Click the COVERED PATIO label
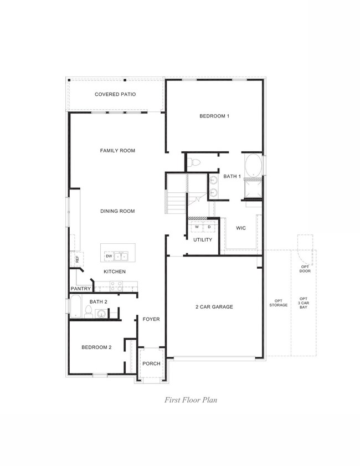(115, 94)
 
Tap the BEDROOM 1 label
(214, 116)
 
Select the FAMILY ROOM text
(117, 151)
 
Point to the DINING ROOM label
(117, 211)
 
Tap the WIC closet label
(241, 228)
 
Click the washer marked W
(197, 227)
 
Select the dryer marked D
(209, 227)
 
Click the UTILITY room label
(203, 240)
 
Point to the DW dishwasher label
(109, 256)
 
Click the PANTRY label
(80, 289)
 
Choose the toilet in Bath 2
(88, 312)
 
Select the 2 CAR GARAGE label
(213, 306)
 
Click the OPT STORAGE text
(279, 303)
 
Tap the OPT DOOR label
(305, 269)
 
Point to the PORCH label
(151, 363)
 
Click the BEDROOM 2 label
(96, 347)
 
